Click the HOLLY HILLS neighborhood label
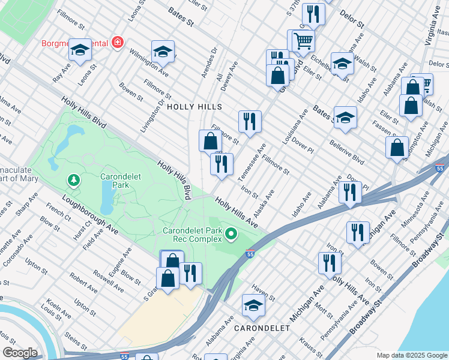194,107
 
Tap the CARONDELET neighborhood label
262,328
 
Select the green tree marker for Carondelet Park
74,179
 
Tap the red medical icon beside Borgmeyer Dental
118,43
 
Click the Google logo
20,353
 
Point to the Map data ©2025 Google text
412,355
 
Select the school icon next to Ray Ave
80,51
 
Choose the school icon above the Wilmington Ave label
162,53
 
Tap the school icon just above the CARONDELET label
253,307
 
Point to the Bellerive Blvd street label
346,152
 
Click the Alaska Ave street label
264,204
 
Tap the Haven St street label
264,293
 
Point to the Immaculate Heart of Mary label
19,175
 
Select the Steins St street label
80,339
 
